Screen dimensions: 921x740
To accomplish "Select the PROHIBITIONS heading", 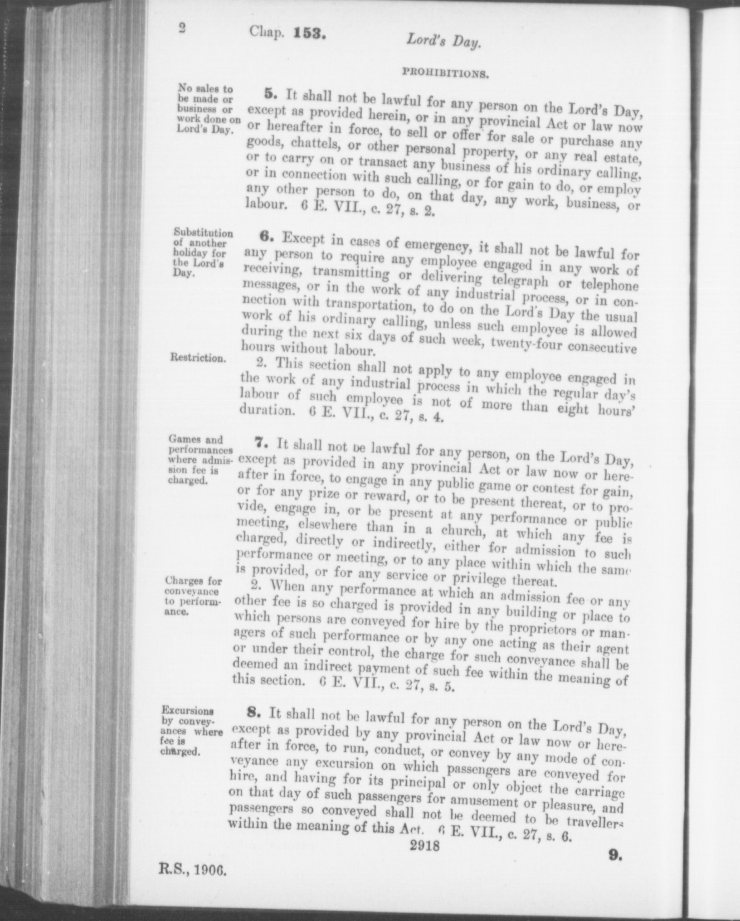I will pos(444,72).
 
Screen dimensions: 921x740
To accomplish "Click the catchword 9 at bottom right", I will pos(616,856).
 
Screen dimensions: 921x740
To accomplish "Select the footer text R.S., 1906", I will pos(193,870).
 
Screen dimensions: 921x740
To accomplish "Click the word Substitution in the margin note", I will pos(204,233).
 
